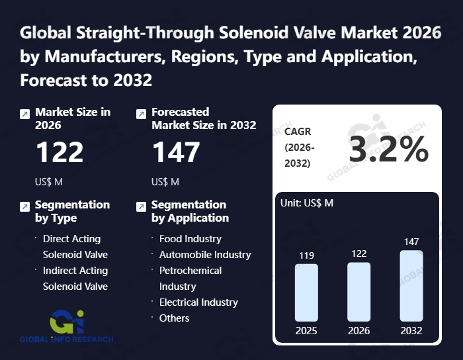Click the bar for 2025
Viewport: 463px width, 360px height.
pos(306,292)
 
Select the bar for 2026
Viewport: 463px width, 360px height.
pos(358,292)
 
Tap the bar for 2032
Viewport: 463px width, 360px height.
pos(411,286)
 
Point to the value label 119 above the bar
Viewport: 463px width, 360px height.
pos(306,255)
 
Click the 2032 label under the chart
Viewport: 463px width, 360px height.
pos(411,331)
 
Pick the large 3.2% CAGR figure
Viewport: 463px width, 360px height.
pos(388,151)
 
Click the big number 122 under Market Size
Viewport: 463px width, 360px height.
pos(60,153)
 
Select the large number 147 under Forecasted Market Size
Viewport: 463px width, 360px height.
pos(176,153)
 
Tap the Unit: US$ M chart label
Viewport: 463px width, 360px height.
pos(308,203)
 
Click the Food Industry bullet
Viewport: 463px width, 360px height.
pos(190,238)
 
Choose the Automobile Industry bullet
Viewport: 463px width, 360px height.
pos(205,254)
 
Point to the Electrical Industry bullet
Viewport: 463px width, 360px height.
pos(198,302)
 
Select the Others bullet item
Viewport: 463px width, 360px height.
pos(174,318)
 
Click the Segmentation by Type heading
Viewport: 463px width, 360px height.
pos(72,211)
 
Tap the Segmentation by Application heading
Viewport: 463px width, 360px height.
pos(190,211)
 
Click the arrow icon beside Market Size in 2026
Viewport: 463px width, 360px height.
pos(24,114)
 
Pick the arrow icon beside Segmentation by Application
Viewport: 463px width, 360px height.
pos(141,206)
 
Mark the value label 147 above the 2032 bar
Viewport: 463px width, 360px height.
pos(411,242)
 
